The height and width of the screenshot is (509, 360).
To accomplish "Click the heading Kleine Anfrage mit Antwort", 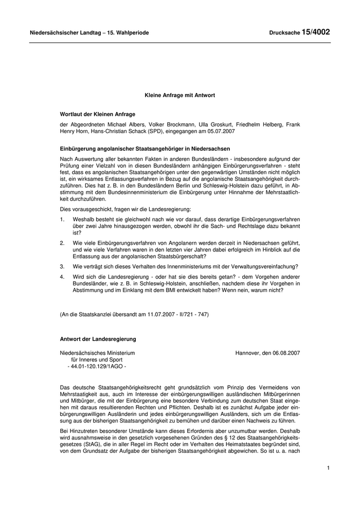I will [x=179, y=96].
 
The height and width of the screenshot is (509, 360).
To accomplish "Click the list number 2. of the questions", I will [x=62, y=242].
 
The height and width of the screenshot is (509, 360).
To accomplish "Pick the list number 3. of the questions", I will [x=62, y=266].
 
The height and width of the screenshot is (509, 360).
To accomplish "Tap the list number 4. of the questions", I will [x=62, y=277].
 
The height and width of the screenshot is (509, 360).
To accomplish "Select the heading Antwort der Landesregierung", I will [x=98, y=339].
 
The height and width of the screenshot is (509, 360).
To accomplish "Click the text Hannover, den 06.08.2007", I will [x=267, y=353].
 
